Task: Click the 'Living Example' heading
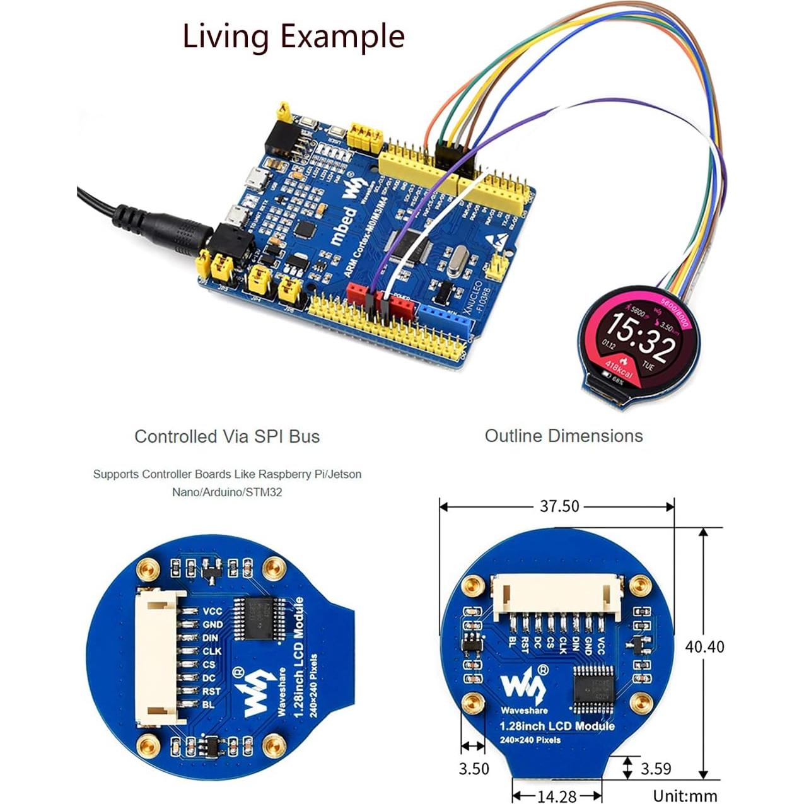click(x=293, y=36)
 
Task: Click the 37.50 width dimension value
click(x=559, y=506)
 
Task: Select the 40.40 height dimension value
click(x=704, y=646)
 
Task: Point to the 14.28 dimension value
click(x=557, y=796)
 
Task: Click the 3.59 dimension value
click(x=656, y=769)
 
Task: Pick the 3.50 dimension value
click(x=473, y=769)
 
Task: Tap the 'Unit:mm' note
click(x=685, y=796)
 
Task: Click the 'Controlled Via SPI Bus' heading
click(x=227, y=436)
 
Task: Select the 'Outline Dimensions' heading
click(x=564, y=436)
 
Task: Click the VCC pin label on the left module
click(x=213, y=611)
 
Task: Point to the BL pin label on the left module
click(x=208, y=704)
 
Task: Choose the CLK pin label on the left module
click(x=212, y=651)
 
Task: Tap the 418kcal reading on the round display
click(x=619, y=370)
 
